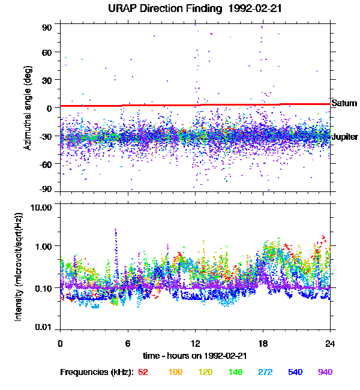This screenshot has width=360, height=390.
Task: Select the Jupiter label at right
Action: (x=344, y=137)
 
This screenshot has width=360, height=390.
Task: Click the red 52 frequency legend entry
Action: (x=143, y=372)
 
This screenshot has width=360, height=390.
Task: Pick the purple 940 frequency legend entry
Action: (x=325, y=372)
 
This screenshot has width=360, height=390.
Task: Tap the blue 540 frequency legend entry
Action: (x=295, y=372)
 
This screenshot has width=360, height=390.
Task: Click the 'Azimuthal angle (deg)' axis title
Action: (x=28, y=108)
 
